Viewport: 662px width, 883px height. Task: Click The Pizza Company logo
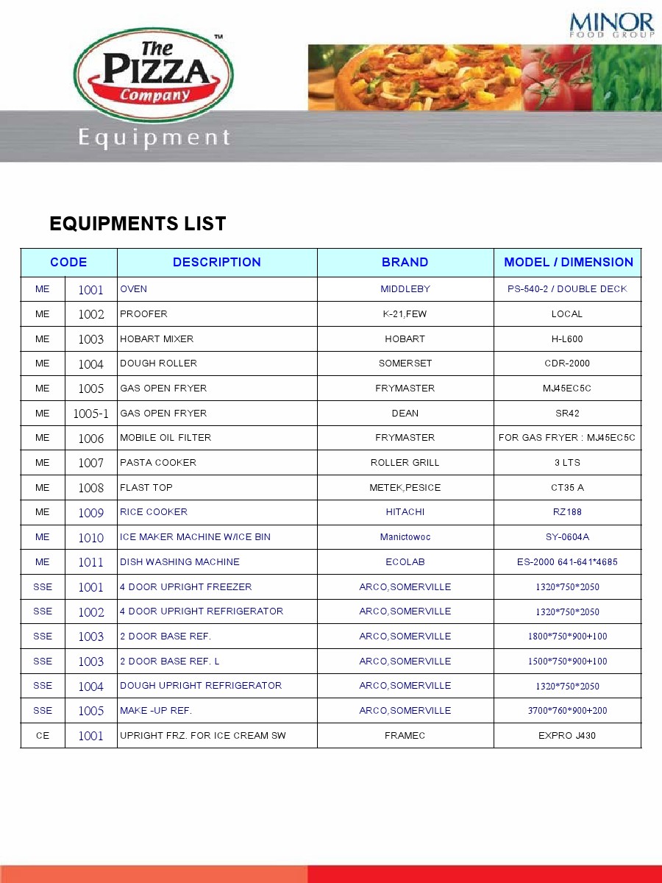pos(154,74)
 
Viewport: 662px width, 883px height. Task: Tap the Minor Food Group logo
pos(611,24)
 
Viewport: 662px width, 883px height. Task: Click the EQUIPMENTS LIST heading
pos(138,224)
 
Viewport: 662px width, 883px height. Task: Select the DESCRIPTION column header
pos(217,262)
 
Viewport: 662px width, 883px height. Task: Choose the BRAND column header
pos(405,262)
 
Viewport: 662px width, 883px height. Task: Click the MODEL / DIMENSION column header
pos(568,262)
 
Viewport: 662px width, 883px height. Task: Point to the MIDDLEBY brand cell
pos(405,289)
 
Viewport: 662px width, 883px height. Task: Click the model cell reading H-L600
pos(567,339)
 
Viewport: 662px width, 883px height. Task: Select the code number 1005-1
pos(90,414)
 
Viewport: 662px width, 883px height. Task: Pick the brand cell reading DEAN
pos(405,414)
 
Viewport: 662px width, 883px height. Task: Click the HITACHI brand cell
pos(405,512)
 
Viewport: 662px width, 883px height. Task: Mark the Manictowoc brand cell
pos(405,537)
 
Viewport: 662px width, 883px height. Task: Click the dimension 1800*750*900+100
pos(567,636)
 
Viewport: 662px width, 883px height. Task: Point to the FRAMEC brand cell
pos(405,736)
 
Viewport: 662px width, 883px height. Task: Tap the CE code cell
pos(43,736)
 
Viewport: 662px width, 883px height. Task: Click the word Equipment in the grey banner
pos(154,138)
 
